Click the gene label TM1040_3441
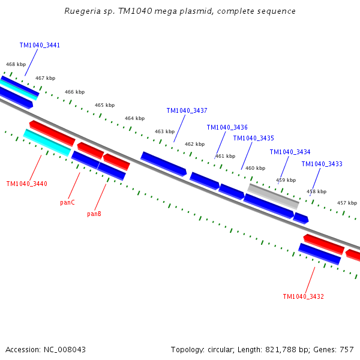40,45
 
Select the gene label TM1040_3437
187,110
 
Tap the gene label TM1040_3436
227,127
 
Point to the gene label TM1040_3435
253,138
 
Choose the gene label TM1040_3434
290,152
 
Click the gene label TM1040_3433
322,164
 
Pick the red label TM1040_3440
26,184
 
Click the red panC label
67,202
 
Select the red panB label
94,214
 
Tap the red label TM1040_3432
303,296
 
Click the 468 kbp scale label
16,64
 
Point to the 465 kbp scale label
104,105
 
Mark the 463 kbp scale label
164,131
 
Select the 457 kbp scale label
347,203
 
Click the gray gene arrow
273,196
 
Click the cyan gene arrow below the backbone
47,142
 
